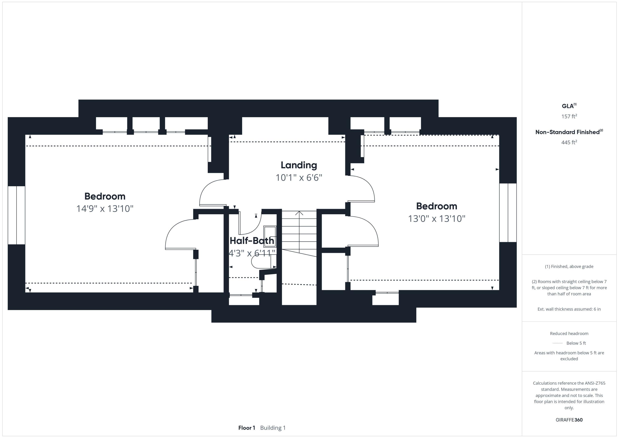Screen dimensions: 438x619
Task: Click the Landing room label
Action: tap(299, 165)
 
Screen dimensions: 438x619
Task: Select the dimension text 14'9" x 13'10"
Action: tap(105, 209)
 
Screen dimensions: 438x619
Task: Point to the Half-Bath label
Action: tap(252, 241)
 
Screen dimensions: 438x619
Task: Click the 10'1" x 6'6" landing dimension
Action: tap(299, 178)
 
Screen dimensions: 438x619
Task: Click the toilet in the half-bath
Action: tap(261, 261)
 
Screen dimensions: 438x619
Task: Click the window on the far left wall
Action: tap(17, 215)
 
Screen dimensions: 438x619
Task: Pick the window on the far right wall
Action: tap(508, 213)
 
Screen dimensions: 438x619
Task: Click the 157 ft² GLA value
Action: tap(569, 116)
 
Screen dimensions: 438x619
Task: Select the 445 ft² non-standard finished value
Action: tap(569, 142)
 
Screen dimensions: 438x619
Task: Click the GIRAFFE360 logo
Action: tap(569, 420)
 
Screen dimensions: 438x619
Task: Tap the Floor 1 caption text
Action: tap(246, 428)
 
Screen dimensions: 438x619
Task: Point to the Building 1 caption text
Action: tap(273, 428)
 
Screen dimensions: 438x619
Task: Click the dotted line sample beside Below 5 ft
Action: tap(558, 343)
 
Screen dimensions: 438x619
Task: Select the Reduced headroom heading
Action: tap(569, 334)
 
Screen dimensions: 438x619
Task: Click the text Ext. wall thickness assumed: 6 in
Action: tap(569, 309)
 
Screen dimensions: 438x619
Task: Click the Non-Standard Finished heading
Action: tap(567, 132)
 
